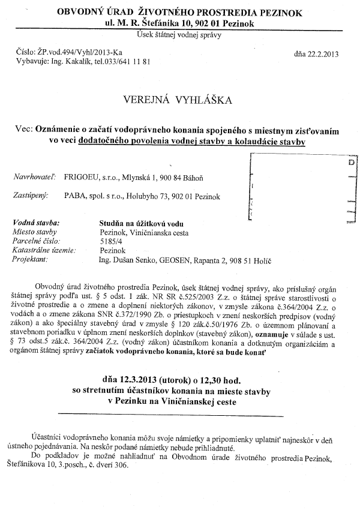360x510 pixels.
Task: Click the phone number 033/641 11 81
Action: (127, 61)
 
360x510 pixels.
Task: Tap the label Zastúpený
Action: (31, 196)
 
